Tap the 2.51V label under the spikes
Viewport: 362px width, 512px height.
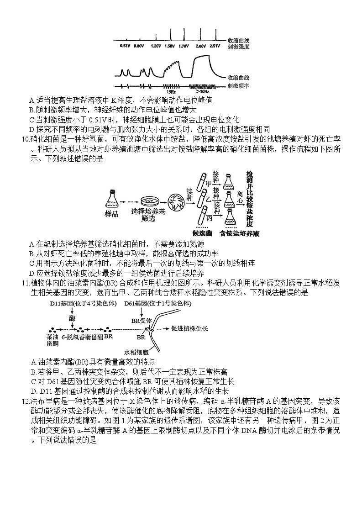[x=215, y=46]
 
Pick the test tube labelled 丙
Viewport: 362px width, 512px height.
[x=202, y=215]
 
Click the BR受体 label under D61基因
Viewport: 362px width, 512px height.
[x=141, y=321]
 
